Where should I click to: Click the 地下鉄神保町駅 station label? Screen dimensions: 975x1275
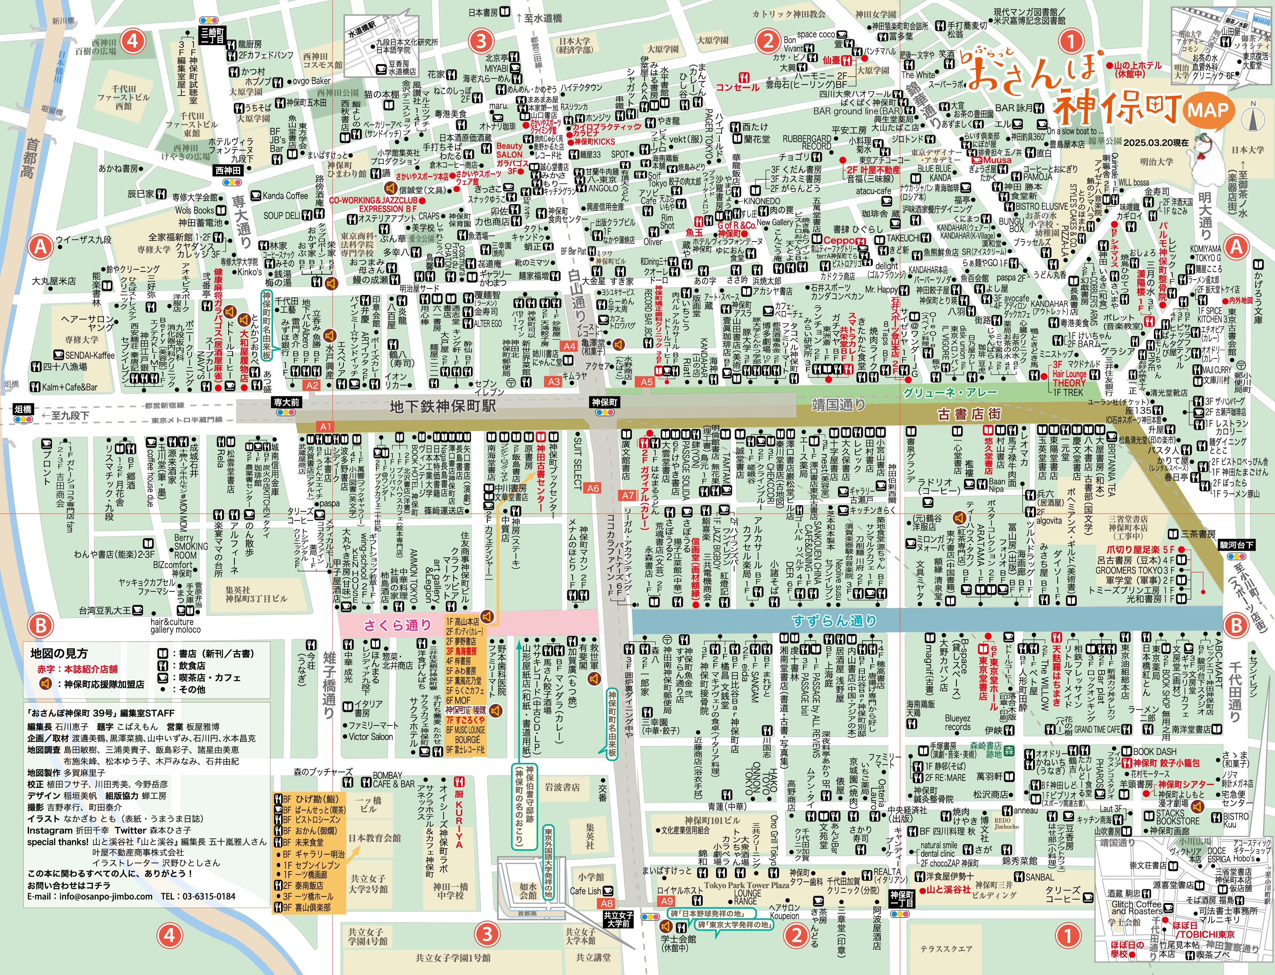click(x=443, y=406)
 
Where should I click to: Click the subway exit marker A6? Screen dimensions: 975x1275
click(x=593, y=488)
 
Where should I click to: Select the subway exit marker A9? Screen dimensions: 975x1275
click(x=667, y=901)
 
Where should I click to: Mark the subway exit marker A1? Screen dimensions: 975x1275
click(x=326, y=426)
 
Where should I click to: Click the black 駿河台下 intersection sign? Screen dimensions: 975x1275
click(x=1236, y=545)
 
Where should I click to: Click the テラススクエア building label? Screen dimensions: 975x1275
click(x=946, y=949)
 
